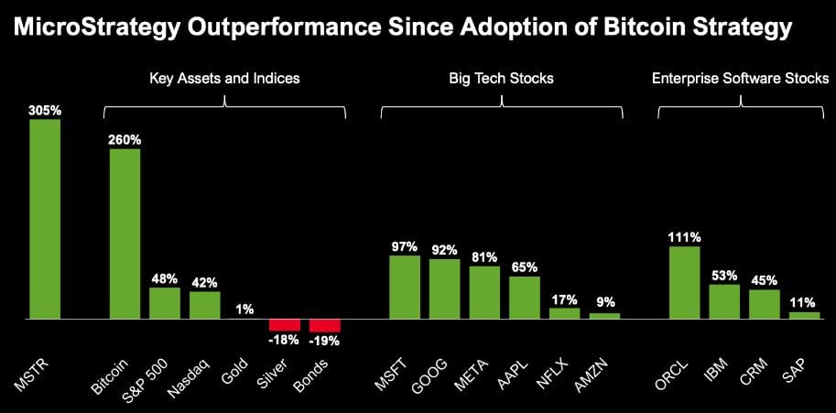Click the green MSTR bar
point(45,219)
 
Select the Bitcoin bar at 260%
point(125,234)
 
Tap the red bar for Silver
point(285,325)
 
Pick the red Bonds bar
point(325,326)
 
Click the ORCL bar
point(685,282)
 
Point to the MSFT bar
point(405,288)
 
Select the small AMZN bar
point(604,316)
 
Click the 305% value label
point(45,111)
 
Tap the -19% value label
point(325,341)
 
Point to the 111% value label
point(685,238)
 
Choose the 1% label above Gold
point(244,310)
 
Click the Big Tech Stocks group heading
point(501,79)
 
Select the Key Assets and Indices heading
point(224,79)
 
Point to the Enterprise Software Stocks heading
point(740,79)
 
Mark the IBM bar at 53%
point(724,301)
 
